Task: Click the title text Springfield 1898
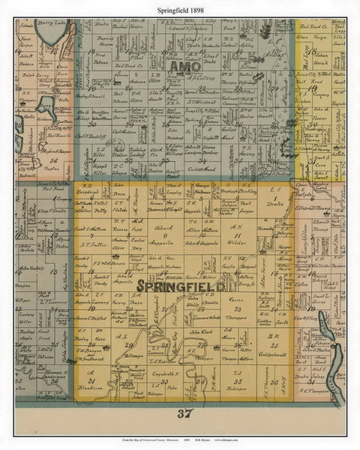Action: pyautogui.click(x=179, y=8)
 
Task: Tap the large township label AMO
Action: pyautogui.click(x=184, y=68)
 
